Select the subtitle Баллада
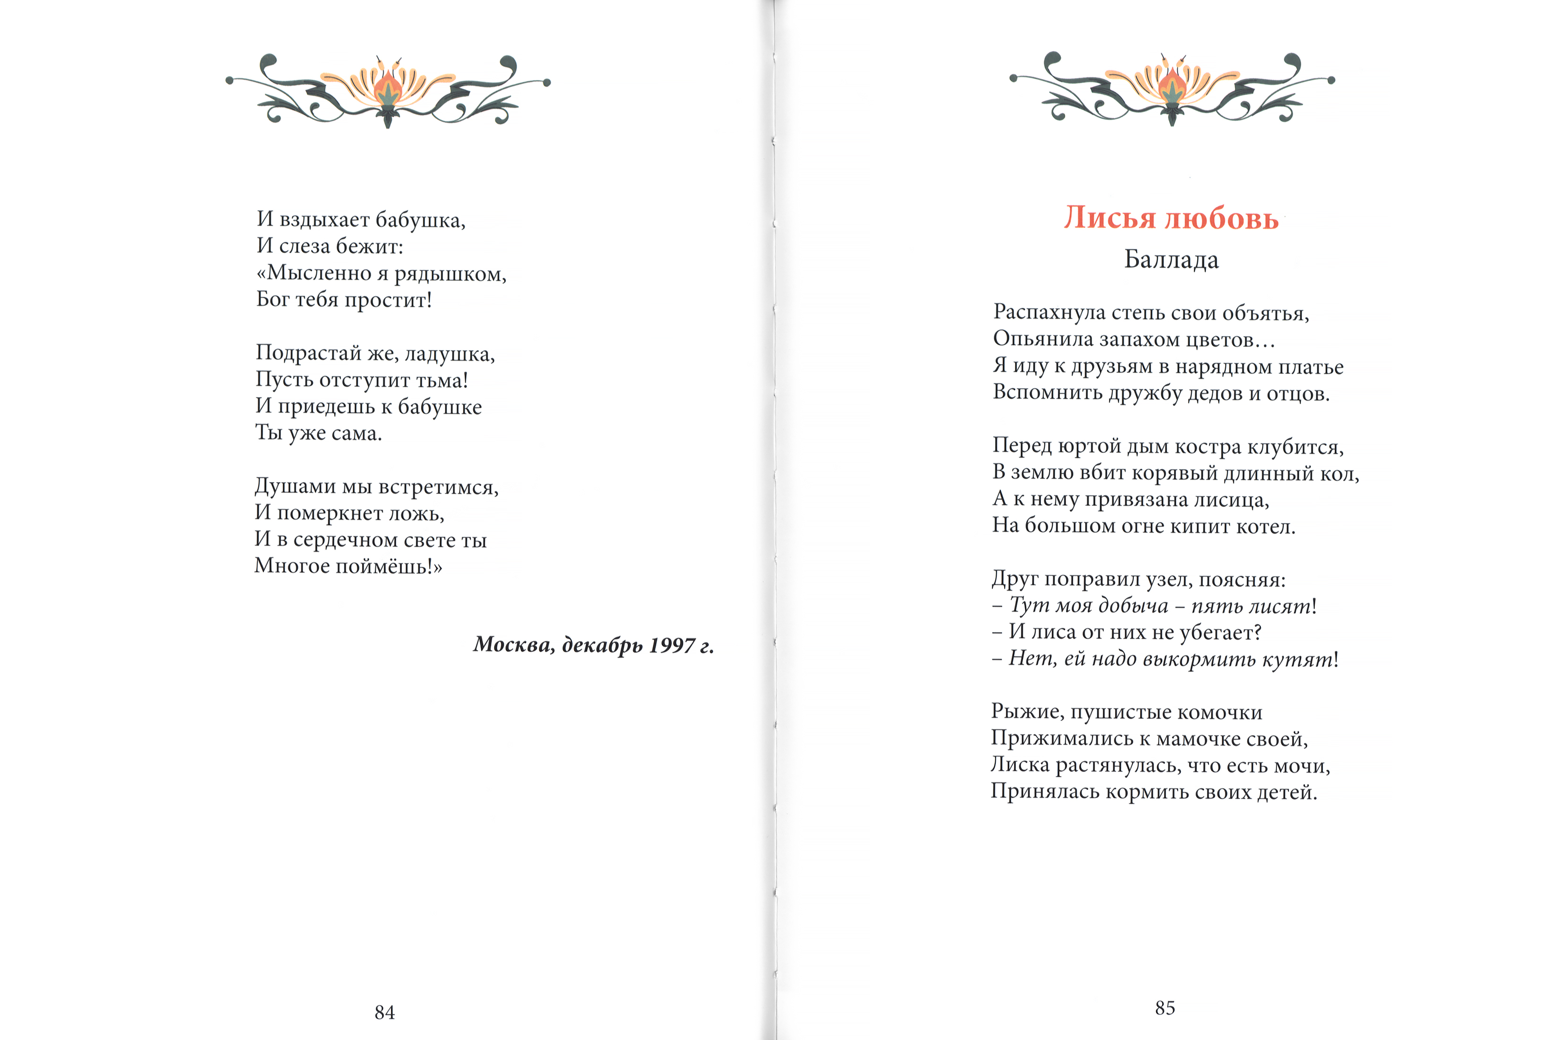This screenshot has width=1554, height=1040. pyautogui.click(x=1172, y=260)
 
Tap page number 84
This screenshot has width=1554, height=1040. pyautogui.click(x=385, y=1012)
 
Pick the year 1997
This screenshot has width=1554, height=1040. pyautogui.click(x=671, y=645)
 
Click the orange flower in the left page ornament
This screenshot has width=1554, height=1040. pyautogui.click(x=388, y=89)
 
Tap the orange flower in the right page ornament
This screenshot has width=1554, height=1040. pyautogui.click(x=1172, y=87)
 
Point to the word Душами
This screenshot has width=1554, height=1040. pyautogui.click(x=295, y=487)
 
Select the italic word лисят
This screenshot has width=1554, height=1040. pyautogui.click(x=1284, y=606)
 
